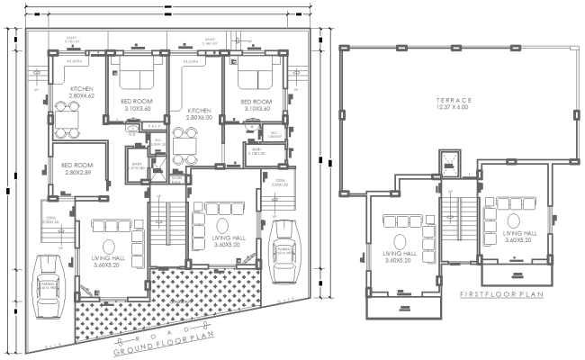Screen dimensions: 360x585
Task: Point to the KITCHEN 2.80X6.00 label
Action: click(197, 112)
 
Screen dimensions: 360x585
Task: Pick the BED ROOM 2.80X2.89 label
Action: click(79, 168)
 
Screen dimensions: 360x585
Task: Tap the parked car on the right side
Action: click(285, 246)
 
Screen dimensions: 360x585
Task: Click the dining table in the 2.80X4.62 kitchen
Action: click(68, 116)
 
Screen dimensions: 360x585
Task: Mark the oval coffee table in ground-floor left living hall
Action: click(109, 244)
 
